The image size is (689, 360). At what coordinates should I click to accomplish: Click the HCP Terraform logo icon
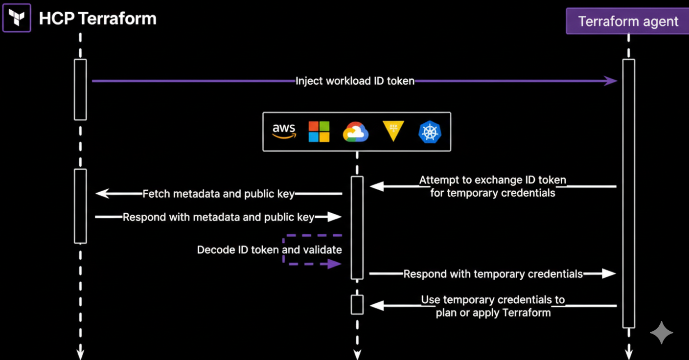(17, 18)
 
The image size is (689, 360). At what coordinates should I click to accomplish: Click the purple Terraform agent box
(627, 22)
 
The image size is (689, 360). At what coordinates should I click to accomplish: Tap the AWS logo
(284, 132)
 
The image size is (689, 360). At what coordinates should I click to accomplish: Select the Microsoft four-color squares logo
(319, 132)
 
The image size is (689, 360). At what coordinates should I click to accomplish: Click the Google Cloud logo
(356, 132)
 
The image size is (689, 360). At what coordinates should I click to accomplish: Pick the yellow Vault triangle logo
(393, 131)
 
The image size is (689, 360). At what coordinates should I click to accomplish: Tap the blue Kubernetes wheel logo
(430, 132)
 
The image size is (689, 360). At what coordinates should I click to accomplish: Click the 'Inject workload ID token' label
(355, 81)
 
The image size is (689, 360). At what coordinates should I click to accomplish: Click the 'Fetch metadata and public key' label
(218, 194)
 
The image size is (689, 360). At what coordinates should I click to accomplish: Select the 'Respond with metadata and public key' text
(218, 217)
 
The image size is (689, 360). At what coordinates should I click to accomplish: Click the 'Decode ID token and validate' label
(269, 250)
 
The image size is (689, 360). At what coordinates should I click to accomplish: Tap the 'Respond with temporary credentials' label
(493, 274)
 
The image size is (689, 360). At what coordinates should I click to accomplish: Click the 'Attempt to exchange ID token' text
(493, 180)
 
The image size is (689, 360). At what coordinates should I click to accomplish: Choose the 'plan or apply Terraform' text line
(493, 313)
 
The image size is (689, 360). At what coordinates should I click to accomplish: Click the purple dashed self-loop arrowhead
(335, 264)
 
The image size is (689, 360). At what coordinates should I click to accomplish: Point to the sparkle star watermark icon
(661, 333)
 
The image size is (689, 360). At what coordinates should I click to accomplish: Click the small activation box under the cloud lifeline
(357, 305)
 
